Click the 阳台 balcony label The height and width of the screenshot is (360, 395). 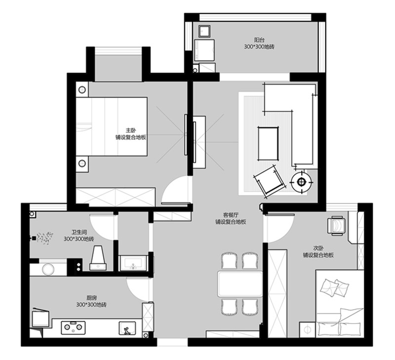point(259,40)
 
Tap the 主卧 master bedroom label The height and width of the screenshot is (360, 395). point(131,130)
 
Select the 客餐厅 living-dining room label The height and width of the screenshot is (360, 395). point(231,215)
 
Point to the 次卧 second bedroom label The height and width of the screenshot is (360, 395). point(318,248)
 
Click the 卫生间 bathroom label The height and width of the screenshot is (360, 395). point(79,232)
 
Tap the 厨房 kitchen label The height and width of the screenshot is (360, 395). point(91,298)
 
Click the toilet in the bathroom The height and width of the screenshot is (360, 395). point(98,258)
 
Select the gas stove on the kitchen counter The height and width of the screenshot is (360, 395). point(73,327)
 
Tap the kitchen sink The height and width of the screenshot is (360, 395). point(127,328)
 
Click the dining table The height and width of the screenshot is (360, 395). point(240,283)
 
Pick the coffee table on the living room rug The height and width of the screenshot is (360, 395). point(268,144)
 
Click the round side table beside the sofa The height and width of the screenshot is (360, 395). point(302,182)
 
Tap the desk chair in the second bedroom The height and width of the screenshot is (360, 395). point(336,226)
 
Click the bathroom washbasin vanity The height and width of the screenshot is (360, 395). point(133,263)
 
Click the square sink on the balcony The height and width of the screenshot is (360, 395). point(205,31)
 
